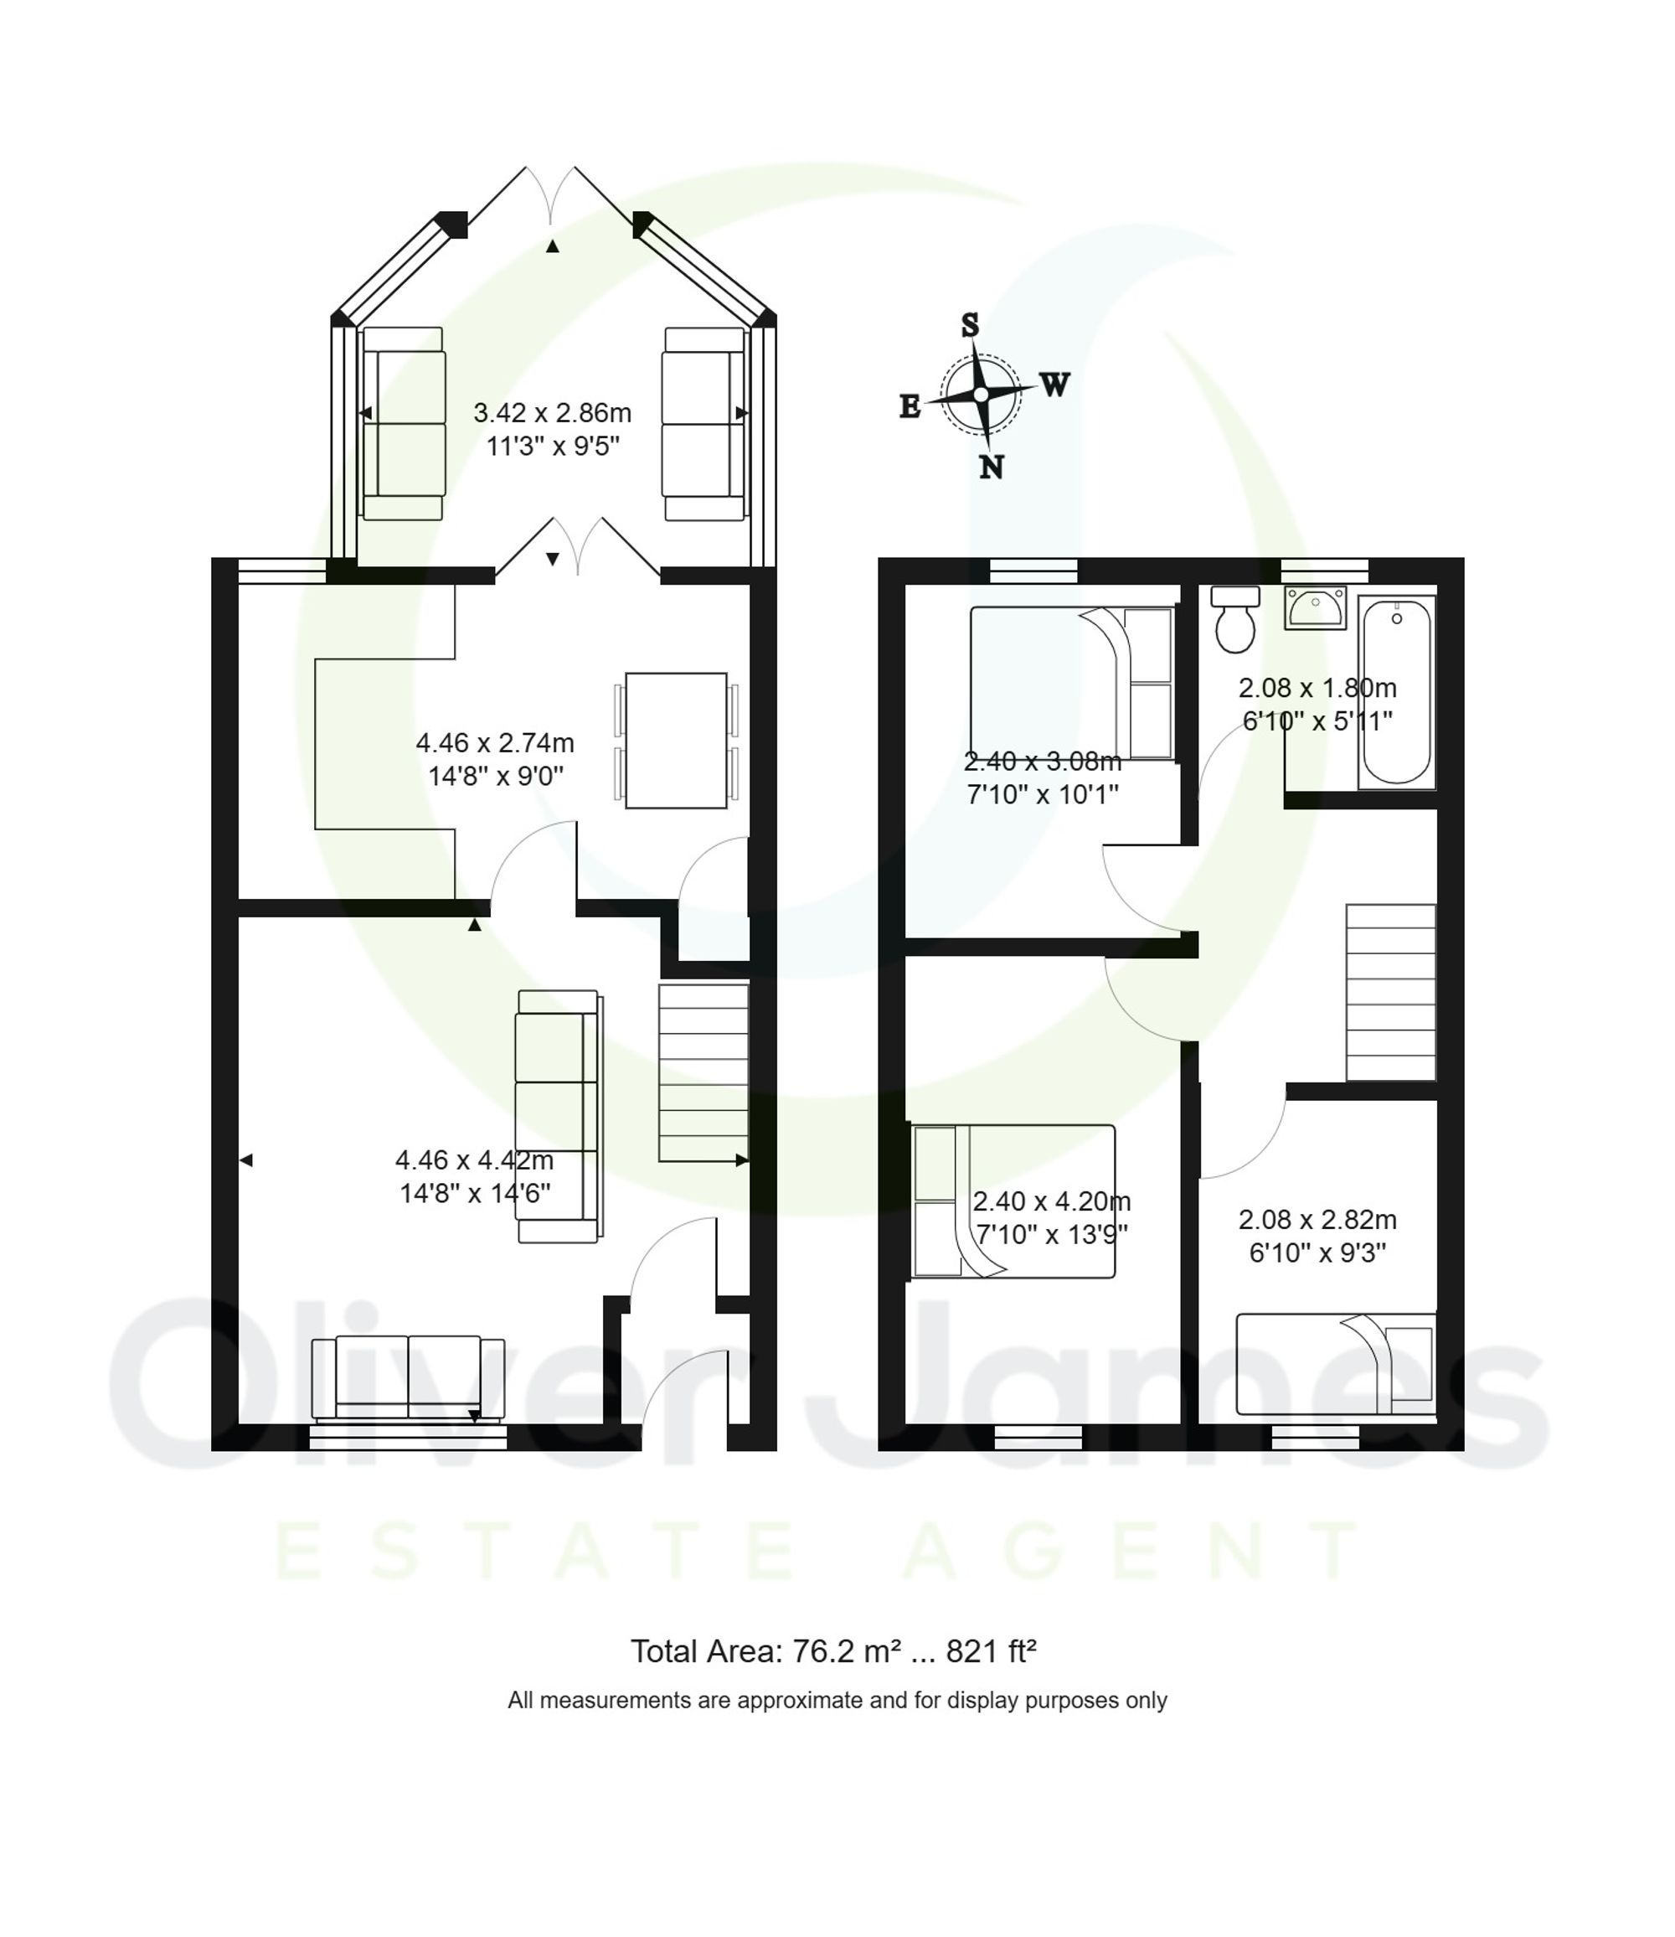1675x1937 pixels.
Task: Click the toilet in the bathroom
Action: pyautogui.click(x=1234, y=621)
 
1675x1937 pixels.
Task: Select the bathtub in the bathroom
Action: pyautogui.click(x=1396, y=692)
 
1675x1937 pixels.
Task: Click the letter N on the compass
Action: pyautogui.click(x=992, y=467)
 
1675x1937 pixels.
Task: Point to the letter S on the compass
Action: pyautogui.click(x=970, y=325)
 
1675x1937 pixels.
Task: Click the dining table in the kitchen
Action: pyautogui.click(x=676, y=740)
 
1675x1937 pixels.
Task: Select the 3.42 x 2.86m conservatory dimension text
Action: pyautogui.click(x=553, y=412)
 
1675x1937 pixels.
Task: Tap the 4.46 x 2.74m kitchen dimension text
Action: pyautogui.click(x=494, y=743)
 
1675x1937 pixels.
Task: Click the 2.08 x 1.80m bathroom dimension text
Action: pyautogui.click(x=1317, y=688)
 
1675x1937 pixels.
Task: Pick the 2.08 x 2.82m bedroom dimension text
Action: pyautogui.click(x=1317, y=1220)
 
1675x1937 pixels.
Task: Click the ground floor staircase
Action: pyautogui.click(x=703, y=1072)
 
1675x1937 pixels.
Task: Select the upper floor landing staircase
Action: pyautogui.click(x=1390, y=993)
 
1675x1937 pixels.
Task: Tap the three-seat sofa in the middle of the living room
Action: pyautogui.click(x=558, y=1116)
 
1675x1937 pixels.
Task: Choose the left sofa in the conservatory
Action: pyautogui.click(x=403, y=423)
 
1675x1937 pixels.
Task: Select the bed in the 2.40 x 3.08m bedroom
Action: pyautogui.click(x=1071, y=683)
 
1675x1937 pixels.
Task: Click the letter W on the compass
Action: pyautogui.click(x=1055, y=385)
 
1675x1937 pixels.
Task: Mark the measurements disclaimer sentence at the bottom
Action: pyautogui.click(x=837, y=1701)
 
